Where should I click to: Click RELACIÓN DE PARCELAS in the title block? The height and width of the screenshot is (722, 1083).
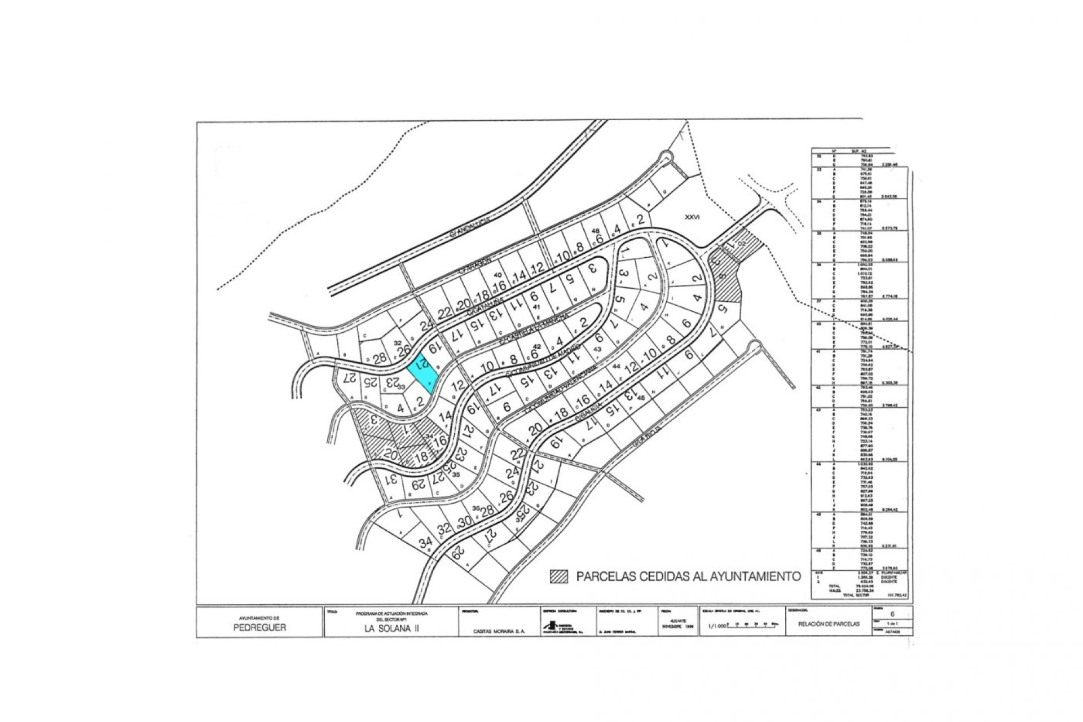coord(829,624)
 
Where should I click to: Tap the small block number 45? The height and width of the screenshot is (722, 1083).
coord(640,398)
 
